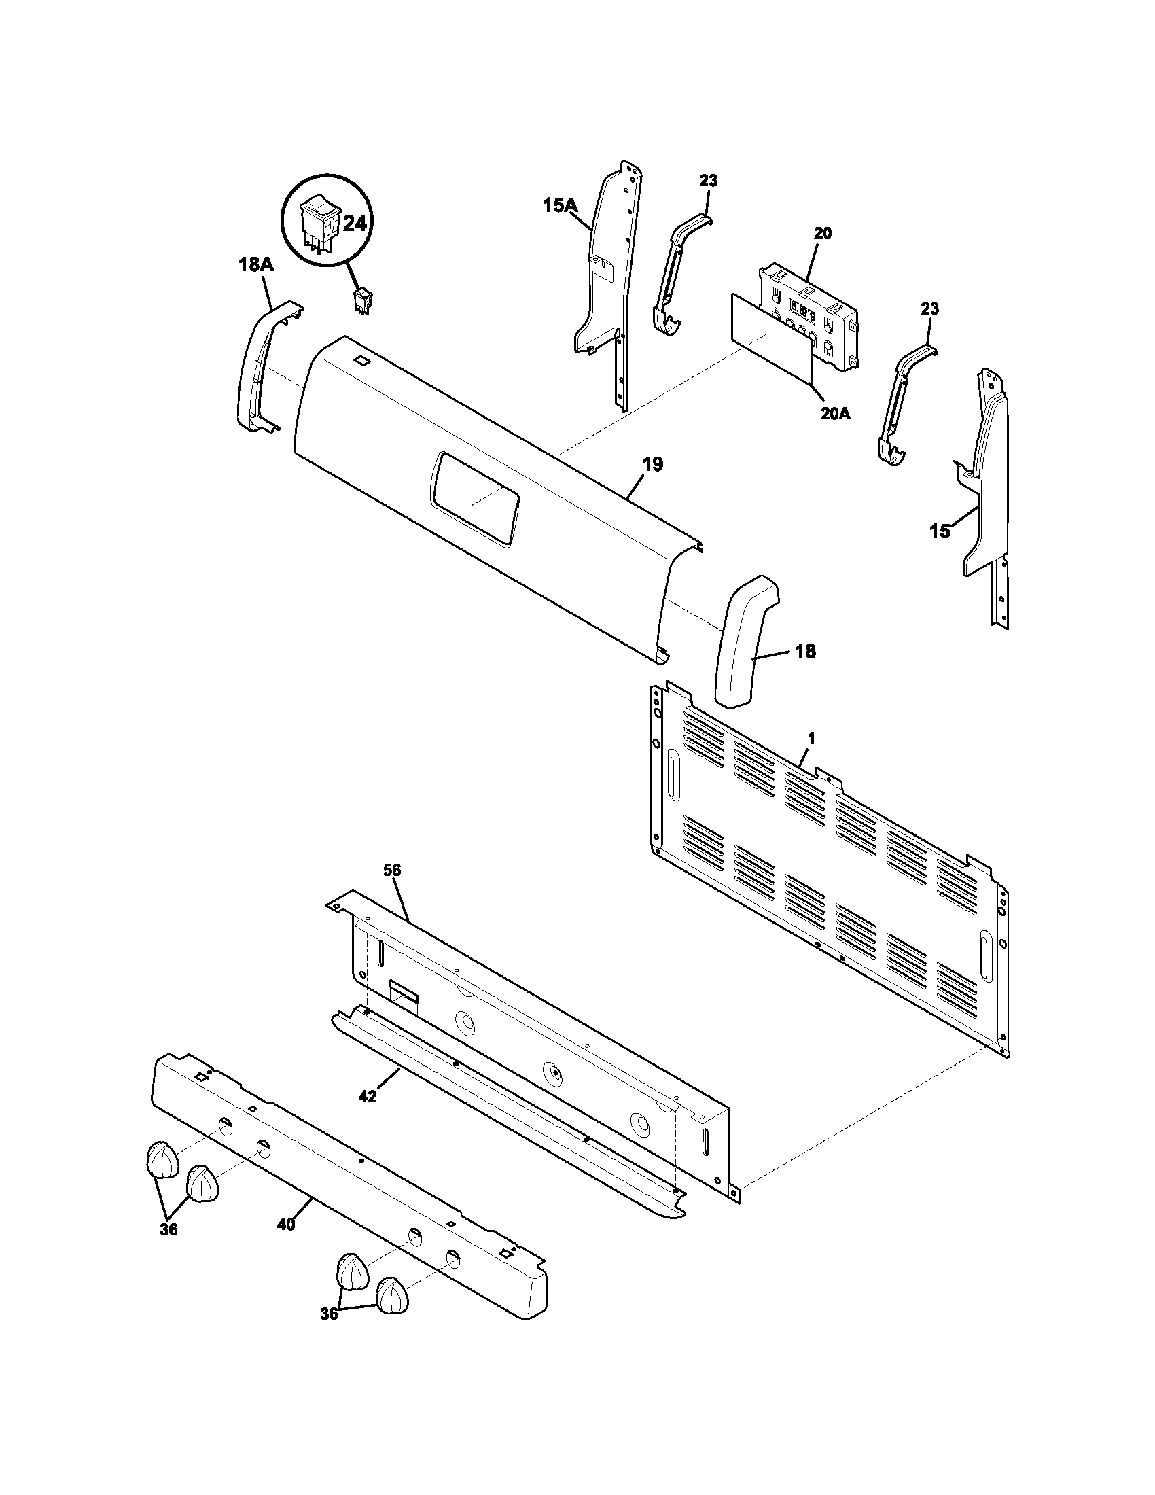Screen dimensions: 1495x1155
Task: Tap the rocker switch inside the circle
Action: (319, 222)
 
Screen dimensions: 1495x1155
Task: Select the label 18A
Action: (257, 265)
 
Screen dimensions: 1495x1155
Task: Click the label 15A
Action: (561, 205)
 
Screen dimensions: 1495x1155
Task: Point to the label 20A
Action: (834, 413)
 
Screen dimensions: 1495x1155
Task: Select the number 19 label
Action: (653, 465)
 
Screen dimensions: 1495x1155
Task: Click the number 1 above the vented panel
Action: (811, 739)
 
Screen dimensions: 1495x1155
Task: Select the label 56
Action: (392, 870)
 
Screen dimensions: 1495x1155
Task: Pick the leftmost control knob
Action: (162, 1159)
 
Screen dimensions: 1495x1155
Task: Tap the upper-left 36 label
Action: (169, 1229)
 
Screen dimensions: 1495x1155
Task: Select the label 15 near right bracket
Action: (940, 531)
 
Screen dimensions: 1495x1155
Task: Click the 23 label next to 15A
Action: (708, 181)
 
